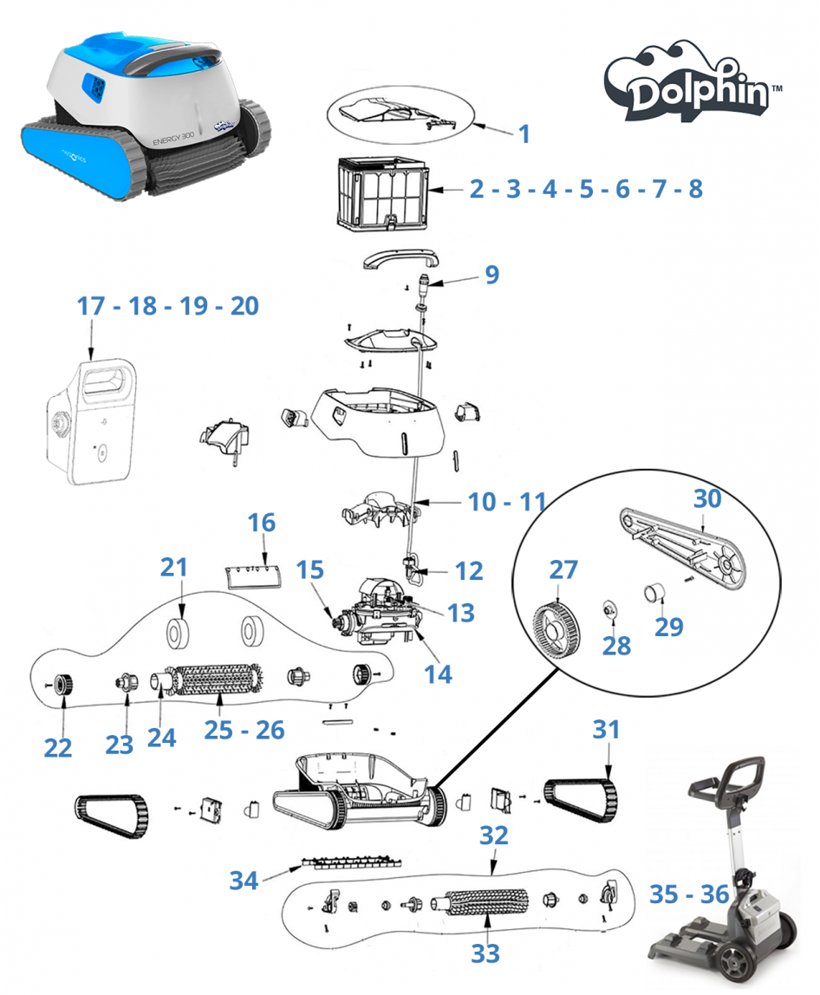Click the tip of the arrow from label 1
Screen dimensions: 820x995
[472, 125]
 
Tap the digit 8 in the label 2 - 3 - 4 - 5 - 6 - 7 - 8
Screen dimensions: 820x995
[695, 188]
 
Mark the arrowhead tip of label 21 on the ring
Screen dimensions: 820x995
[181, 620]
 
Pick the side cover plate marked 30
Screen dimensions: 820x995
[683, 546]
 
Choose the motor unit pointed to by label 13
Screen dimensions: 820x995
[378, 610]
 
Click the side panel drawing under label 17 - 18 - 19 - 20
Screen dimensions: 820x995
[93, 423]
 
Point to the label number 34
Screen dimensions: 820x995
[244, 880]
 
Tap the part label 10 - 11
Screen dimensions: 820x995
[507, 502]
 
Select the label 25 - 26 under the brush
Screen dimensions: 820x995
[244, 730]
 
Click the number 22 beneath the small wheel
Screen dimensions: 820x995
[58, 747]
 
